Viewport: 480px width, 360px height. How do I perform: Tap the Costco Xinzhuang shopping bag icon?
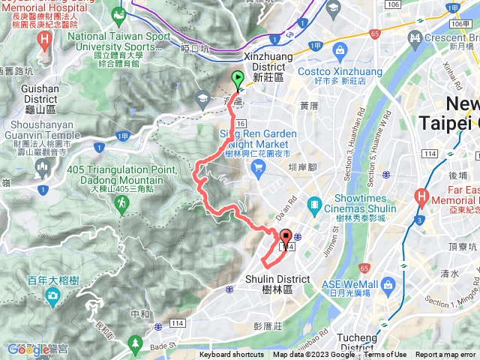[340, 51]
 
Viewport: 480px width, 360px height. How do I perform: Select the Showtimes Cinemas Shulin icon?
[314, 204]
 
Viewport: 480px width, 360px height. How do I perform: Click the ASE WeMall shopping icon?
[388, 285]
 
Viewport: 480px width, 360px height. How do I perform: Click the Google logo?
[28, 349]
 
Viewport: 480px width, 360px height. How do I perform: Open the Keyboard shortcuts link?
[231, 355]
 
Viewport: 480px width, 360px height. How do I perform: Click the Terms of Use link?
[385, 355]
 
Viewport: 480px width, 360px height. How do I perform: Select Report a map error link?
[447, 355]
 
